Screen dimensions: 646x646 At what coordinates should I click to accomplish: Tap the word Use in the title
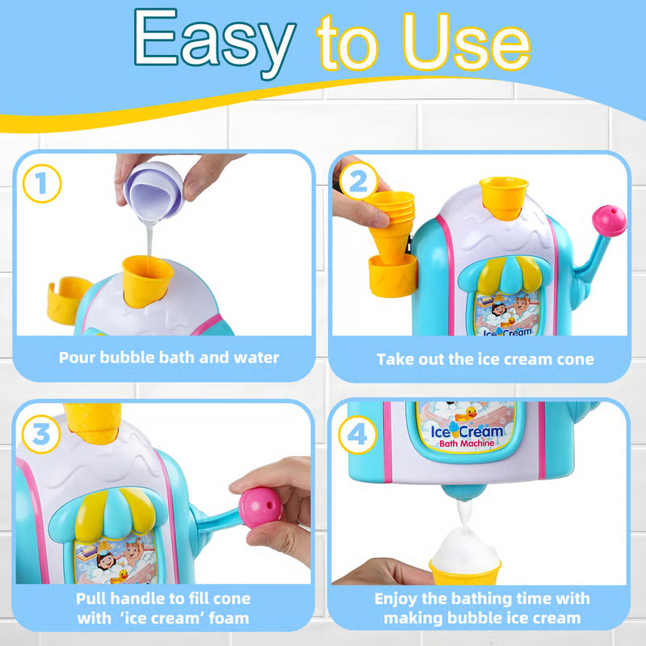pyautogui.click(x=467, y=43)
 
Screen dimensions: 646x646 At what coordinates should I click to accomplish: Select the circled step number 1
pyautogui.click(x=42, y=183)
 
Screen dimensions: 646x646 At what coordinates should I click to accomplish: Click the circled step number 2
pyautogui.click(x=359, y=181)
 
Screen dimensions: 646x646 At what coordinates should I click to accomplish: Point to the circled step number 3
pyautogui.click(x=41, y=434)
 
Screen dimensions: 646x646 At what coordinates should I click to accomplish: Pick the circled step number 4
pyautogui.click(x=358, y=434)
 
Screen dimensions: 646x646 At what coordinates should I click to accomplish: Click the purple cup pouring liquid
pyautogui.click(x=153, y=191)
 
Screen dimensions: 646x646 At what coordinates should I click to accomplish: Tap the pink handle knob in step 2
pyautogui.click(x=610, y=220)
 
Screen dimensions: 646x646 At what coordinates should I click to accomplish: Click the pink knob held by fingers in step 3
pyautogui.click(x=260, y=508)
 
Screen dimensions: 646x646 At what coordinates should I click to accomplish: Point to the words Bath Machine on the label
pyautogui.click(x=467, y=443)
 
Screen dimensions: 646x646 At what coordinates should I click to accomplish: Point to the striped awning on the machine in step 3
pyautogui.click(x=108, y=515)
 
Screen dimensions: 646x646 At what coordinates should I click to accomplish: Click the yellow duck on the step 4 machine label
pyautogui.click(x=467, y=413)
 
